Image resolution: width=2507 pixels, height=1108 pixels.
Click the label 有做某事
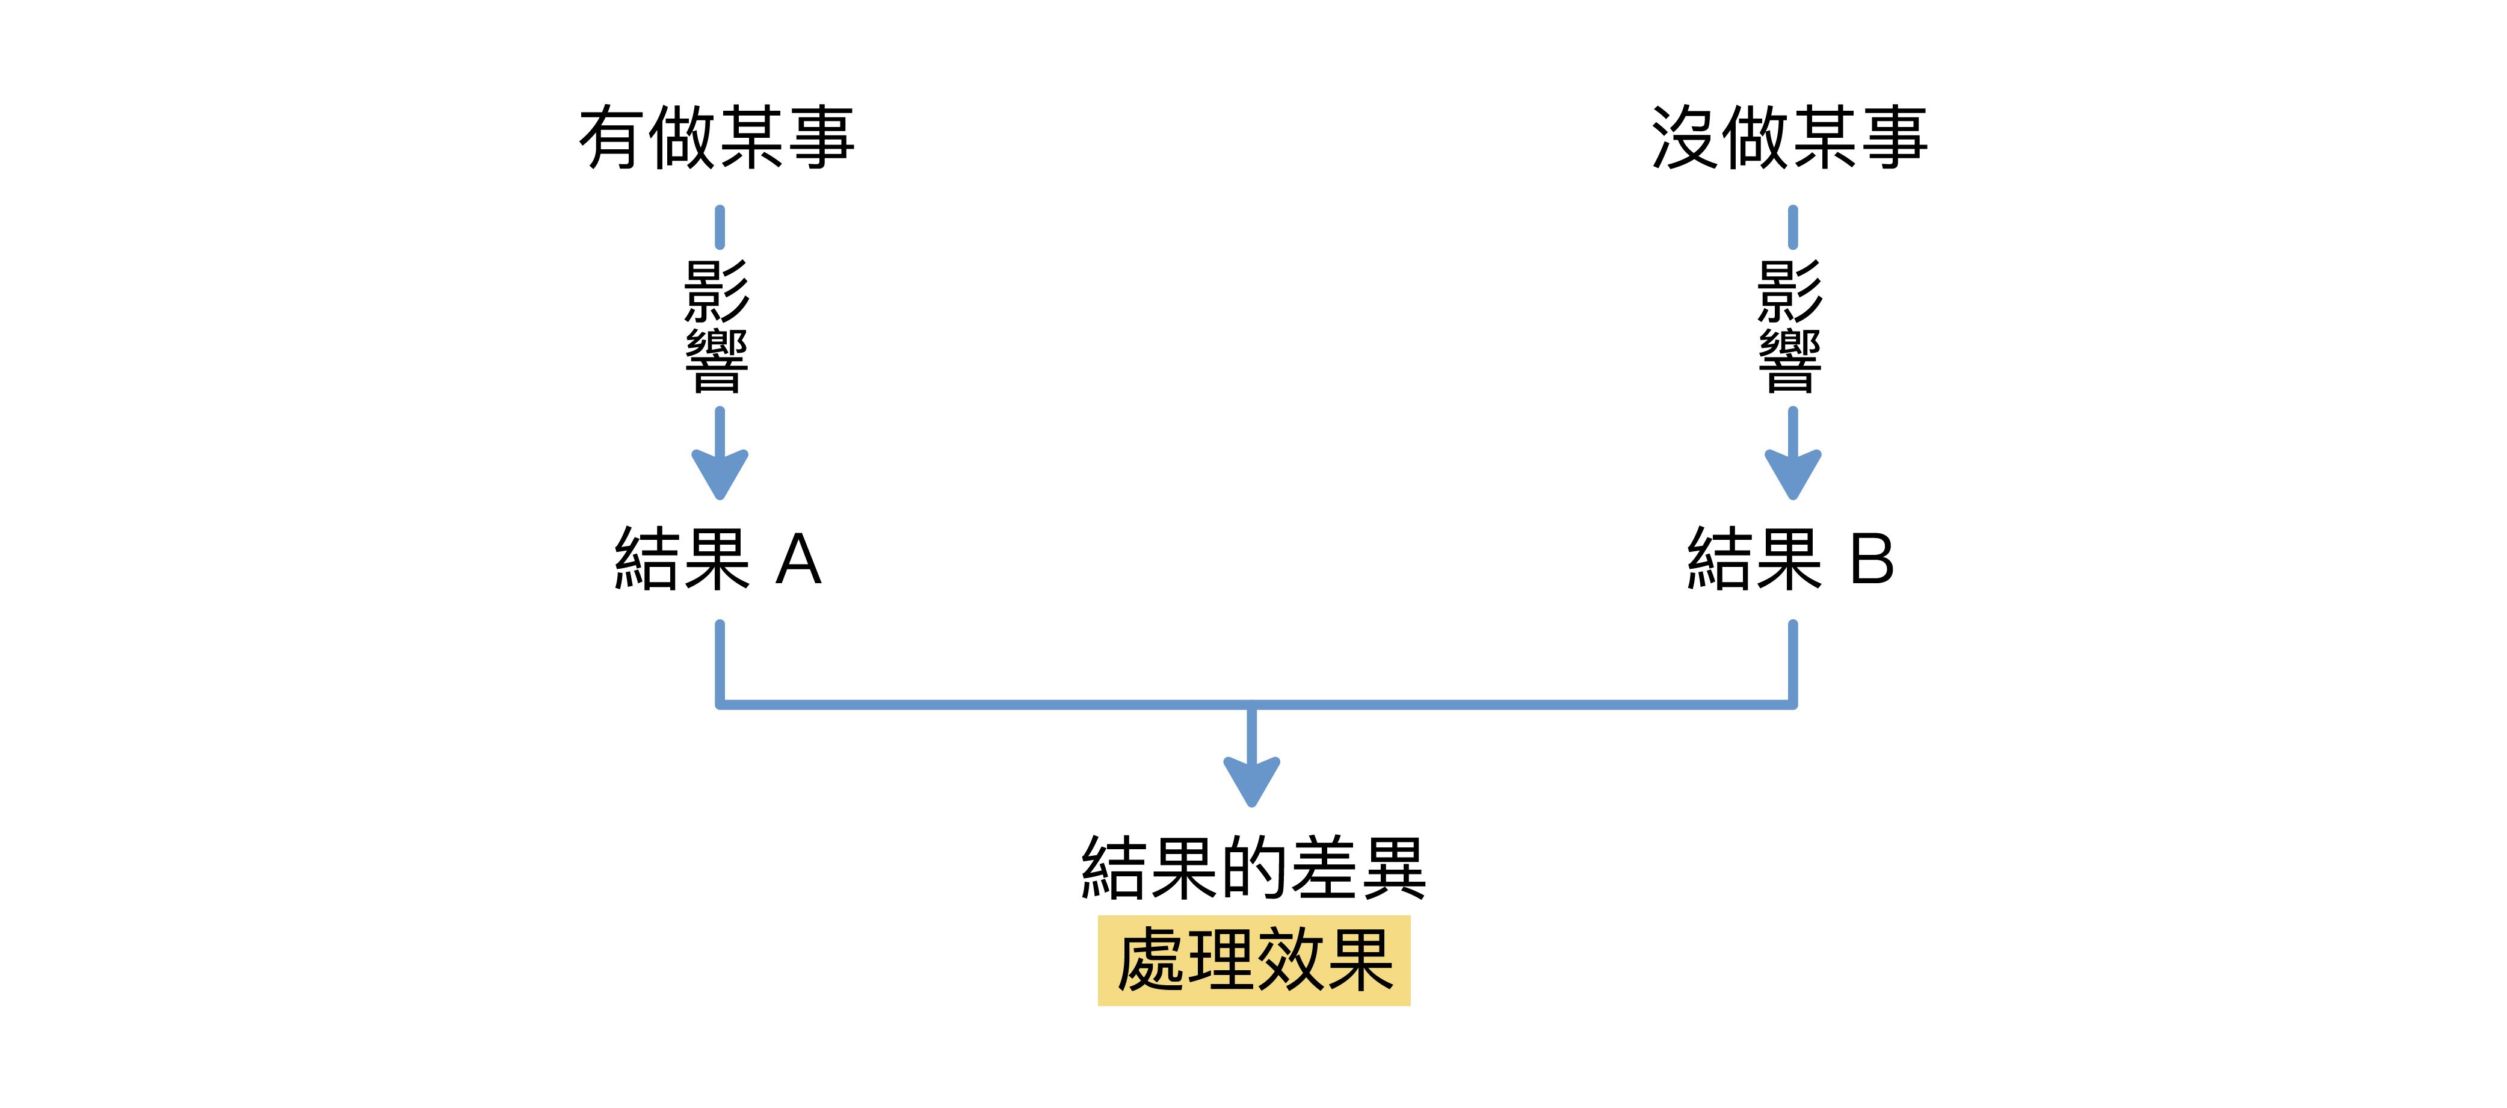717,138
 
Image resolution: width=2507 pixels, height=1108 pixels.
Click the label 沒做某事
1790,138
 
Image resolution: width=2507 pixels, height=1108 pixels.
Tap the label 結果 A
718,559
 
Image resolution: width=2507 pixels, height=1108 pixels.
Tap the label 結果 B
1790,559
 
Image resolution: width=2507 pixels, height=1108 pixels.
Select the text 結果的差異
1254,867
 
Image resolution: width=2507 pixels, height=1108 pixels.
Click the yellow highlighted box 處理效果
1254,960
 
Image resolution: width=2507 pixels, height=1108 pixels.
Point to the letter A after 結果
799,560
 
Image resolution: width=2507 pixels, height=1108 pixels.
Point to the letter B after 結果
1872,560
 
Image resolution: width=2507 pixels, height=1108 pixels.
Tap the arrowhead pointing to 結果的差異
1251,781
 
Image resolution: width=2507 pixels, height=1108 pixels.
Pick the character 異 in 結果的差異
1393,867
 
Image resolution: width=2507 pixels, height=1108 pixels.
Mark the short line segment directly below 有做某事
719,227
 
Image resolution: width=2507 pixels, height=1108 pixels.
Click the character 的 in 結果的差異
1254,867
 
